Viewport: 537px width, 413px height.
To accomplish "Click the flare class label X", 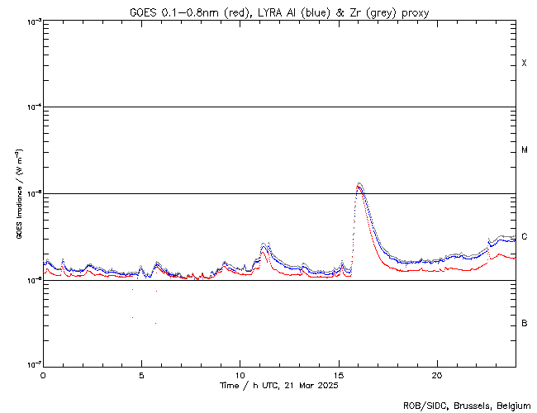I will [525, 64].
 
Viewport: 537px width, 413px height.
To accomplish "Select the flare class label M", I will [525, 150].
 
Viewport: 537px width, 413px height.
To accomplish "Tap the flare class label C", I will [525, 237].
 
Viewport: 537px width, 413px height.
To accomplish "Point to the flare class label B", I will [525, 323].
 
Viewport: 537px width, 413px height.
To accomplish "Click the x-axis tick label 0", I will [43, 374].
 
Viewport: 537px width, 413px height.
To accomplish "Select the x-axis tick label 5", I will [141, 374].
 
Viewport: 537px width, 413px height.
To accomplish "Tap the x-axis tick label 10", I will [240, 374].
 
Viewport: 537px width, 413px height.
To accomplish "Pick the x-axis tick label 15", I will [339, 374].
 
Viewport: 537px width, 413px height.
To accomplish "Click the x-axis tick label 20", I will [437, 374].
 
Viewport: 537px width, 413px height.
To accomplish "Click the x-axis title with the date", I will [279, 386].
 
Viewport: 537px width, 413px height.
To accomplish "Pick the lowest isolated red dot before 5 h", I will [132, 318].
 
